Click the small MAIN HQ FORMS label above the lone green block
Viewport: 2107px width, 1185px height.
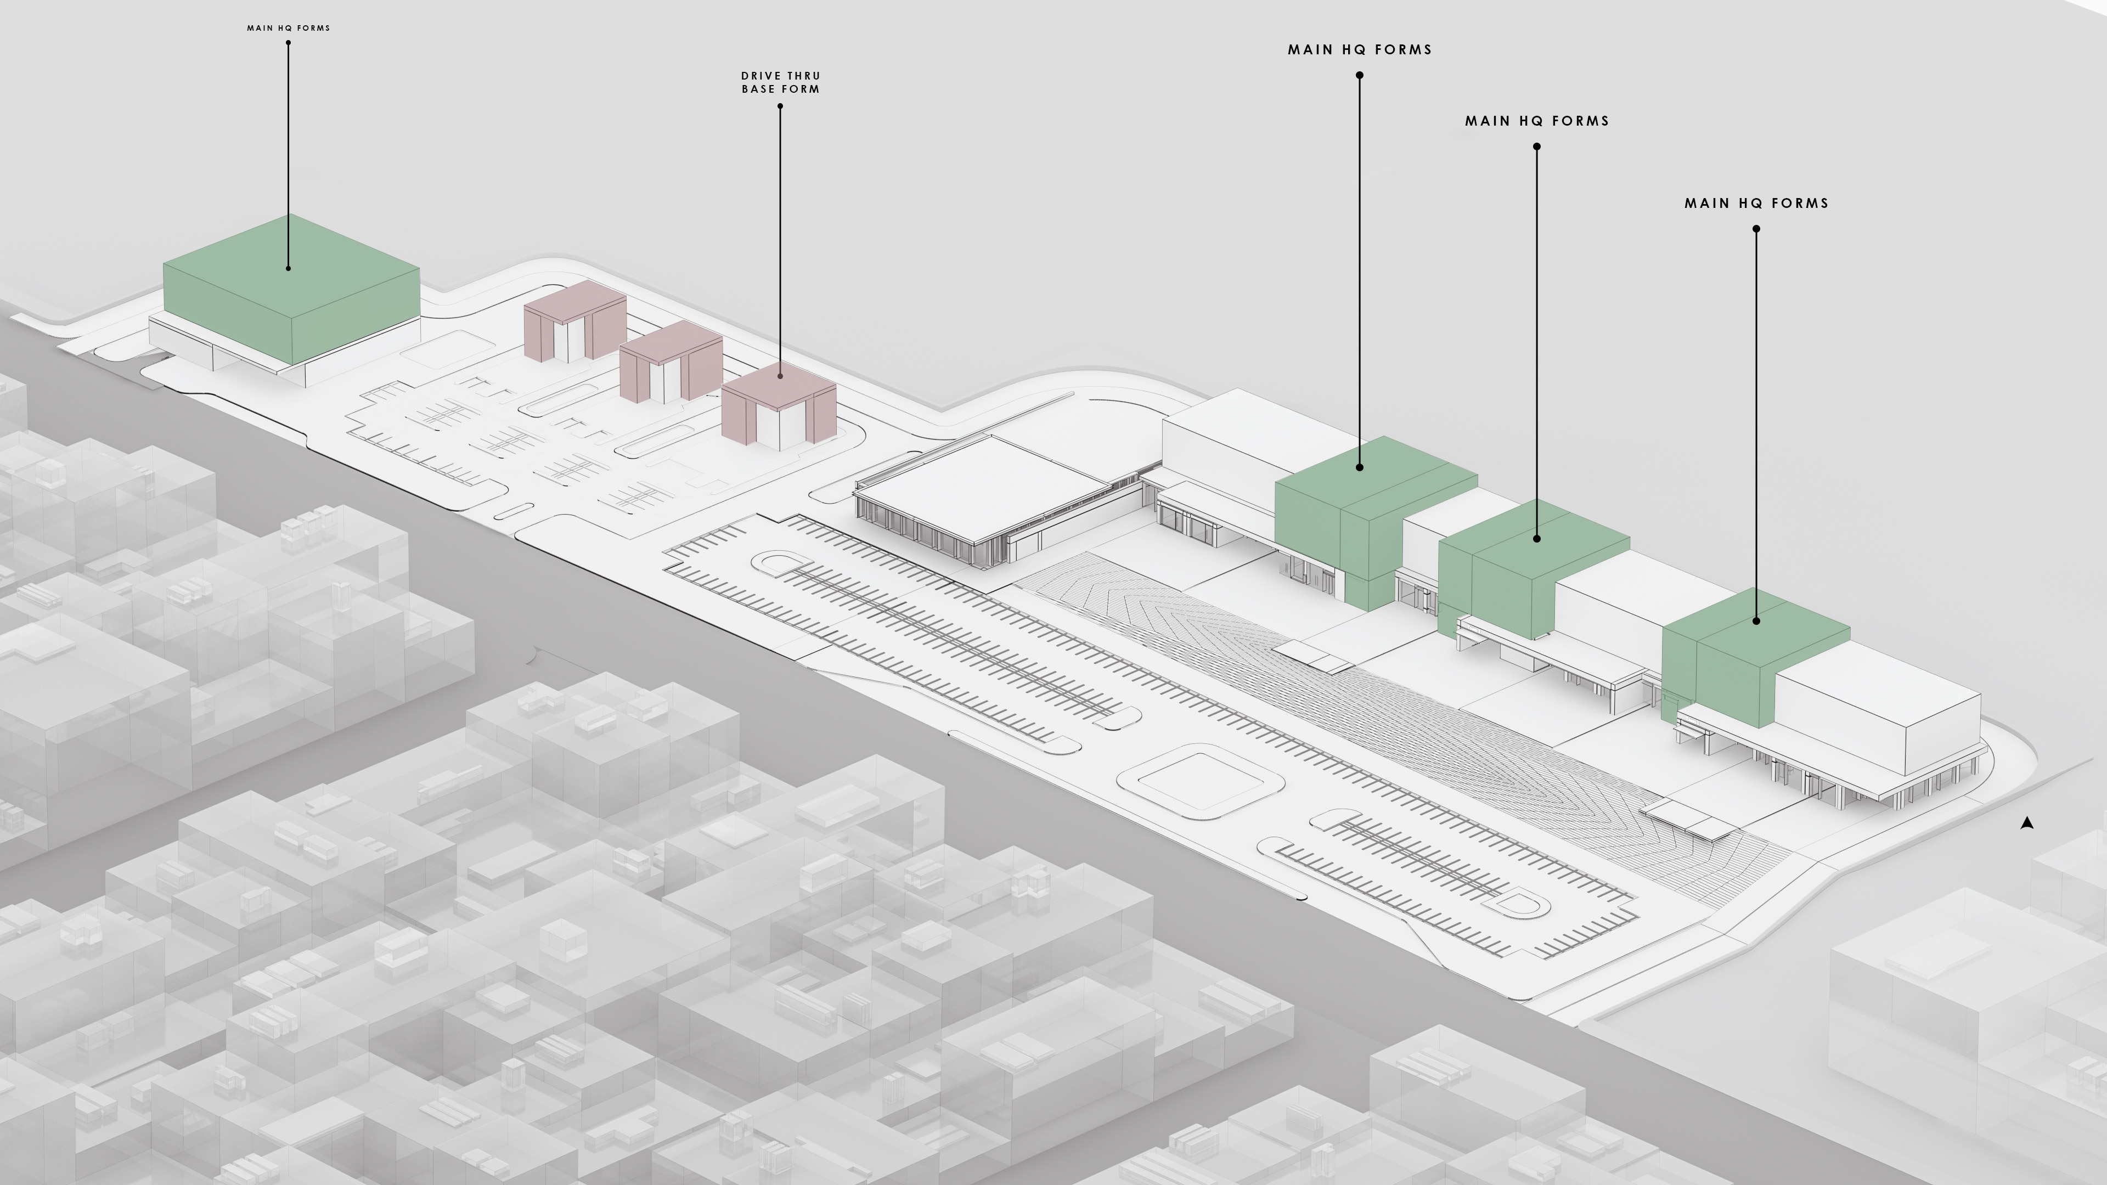coord(288,28)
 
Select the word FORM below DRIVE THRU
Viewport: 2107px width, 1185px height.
coord(801,89)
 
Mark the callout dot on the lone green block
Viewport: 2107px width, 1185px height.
coord(288,267)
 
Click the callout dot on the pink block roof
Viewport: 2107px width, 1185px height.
coord(780,376)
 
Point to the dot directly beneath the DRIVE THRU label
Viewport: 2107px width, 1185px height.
coord(780,106)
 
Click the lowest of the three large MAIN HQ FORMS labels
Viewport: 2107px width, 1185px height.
coord(1756,204)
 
